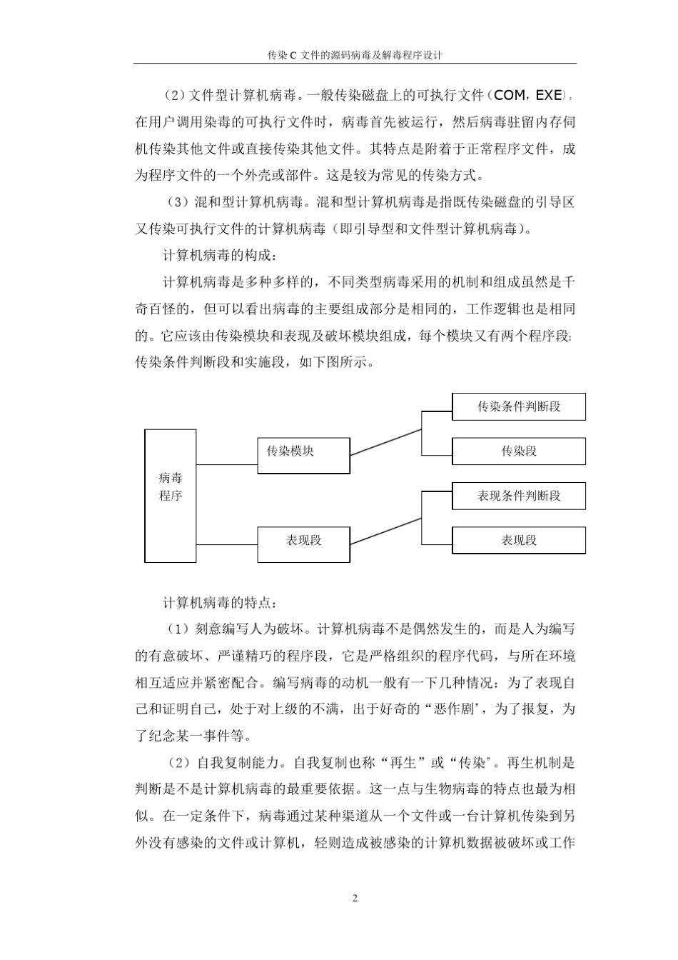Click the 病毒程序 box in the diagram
171,496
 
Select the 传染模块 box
303,455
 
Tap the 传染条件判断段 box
519,406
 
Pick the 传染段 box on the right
519,451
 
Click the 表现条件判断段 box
519,496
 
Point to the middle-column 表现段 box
303,544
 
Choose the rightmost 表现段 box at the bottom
519,540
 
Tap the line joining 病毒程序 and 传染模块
226,464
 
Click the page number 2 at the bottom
355,898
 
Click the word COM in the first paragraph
509,95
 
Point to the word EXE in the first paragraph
548,95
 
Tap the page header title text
355,54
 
